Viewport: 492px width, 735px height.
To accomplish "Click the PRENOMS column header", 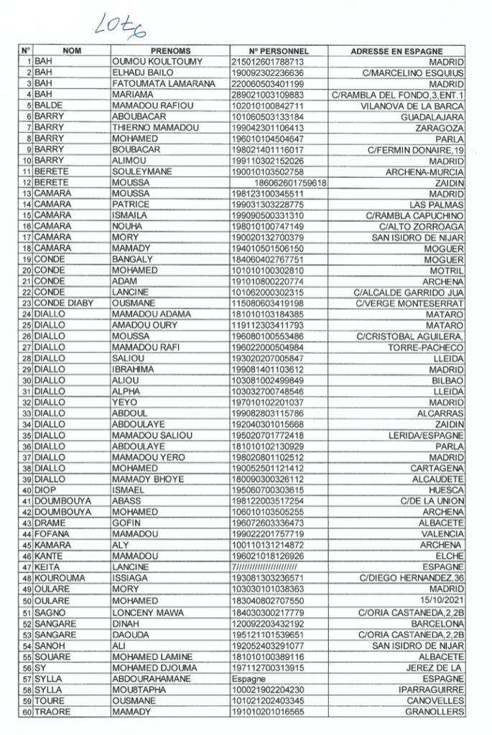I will point(170,52).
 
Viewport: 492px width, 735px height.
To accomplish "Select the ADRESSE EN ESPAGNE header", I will point(396,52).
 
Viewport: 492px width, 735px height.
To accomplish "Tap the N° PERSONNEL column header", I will point(278,52).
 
